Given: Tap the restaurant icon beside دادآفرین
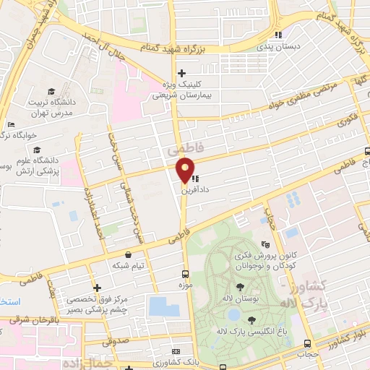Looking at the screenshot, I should (x=196, y=178).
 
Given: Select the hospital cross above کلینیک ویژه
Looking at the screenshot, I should (x=181, y=72).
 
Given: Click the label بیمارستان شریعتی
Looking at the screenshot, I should (x=181, y=94).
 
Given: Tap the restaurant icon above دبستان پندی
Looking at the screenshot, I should (x=278, y=35).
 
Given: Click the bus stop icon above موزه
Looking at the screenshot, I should (x=186, y=274).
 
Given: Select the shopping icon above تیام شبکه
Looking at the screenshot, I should (x=129, y=254).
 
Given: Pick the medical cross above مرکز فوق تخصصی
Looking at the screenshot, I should (x=97, y=288).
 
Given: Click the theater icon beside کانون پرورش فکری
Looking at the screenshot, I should (x=265, y=246).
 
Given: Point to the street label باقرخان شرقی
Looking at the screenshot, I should (x=32, y=319).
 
